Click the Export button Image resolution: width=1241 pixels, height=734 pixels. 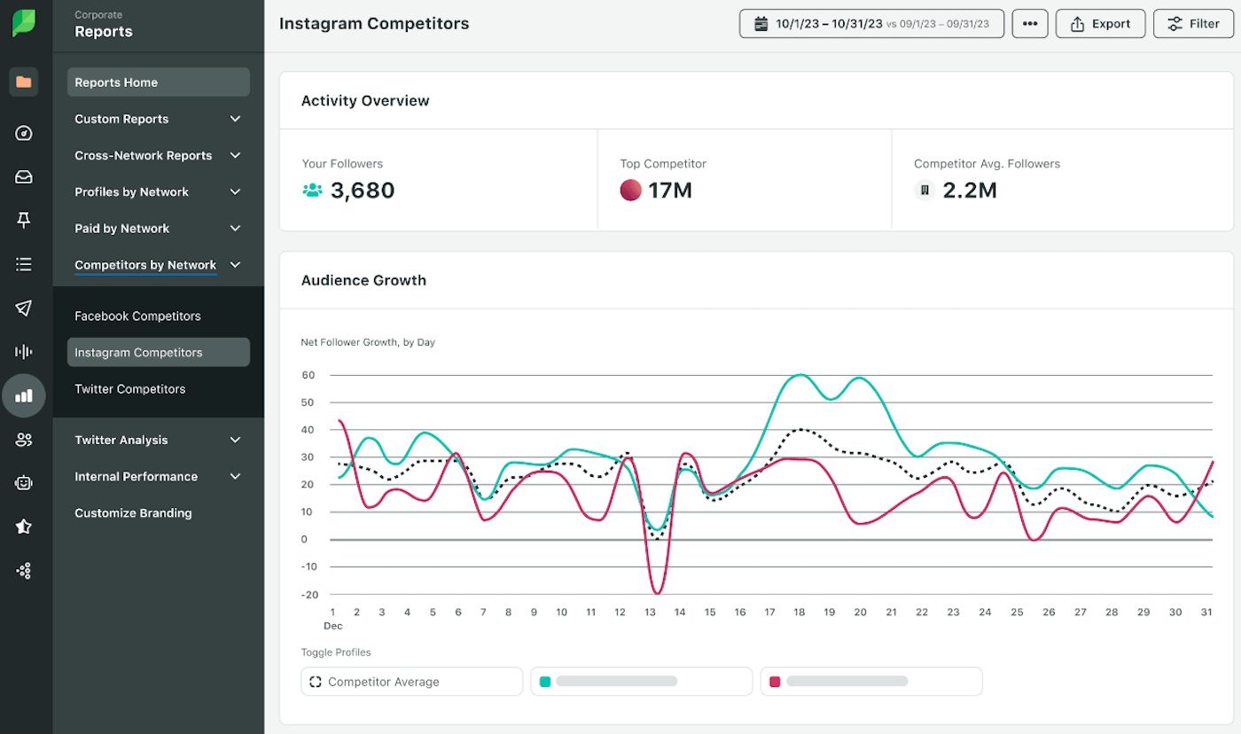pos(1100,24)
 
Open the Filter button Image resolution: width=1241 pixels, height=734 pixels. pos(1193,24)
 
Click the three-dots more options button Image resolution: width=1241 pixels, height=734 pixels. pos(1029,24)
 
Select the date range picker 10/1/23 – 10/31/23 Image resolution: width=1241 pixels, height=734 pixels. pos(871,24)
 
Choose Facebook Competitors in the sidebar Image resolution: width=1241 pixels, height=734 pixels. pos(137,316)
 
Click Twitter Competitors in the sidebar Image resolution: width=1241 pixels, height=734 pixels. pos(130,388)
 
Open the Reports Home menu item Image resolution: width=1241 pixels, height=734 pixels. pos(158,82)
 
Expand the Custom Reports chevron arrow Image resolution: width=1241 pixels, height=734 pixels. pos(235,119)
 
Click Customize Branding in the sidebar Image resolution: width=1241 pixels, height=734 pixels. pos(133,512)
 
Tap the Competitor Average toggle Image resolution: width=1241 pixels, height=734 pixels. pos(412,682)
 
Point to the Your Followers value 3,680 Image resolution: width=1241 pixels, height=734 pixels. pos(362,190)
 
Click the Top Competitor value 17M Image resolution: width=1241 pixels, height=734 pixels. pos(669,190)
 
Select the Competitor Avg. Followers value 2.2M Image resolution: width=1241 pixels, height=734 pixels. pos(969,190)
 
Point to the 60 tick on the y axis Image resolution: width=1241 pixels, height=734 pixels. pos(308,375)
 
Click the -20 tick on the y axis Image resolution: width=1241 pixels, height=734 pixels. pos(308,595)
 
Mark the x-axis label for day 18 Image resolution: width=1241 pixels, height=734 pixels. pos(799,612)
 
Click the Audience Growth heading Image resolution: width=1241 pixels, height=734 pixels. pos(363,280)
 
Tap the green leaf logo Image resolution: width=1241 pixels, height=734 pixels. pos(24,24)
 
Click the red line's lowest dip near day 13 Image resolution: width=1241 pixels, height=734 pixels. pos(656,593)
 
